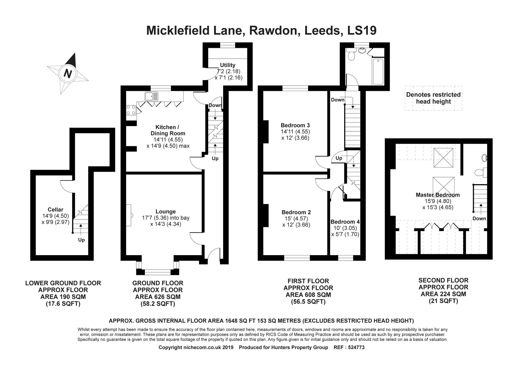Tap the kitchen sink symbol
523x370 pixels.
point(151,96)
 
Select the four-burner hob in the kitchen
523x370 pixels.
point(131,110)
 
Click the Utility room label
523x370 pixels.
point(228,65)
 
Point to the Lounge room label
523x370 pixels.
point(166,211)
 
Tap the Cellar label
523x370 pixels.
point(55,210)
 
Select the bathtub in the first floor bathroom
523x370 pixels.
point(378,72)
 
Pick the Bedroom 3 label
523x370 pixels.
point(295,125)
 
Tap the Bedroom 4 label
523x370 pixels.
point(345,222)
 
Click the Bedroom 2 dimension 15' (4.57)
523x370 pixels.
point(296,218)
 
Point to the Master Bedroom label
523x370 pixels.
point(437,195)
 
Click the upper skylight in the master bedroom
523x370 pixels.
point(443,158)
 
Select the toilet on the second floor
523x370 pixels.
point(479,172)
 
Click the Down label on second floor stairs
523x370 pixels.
point(479,218)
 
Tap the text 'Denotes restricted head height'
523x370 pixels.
point(433,98)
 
